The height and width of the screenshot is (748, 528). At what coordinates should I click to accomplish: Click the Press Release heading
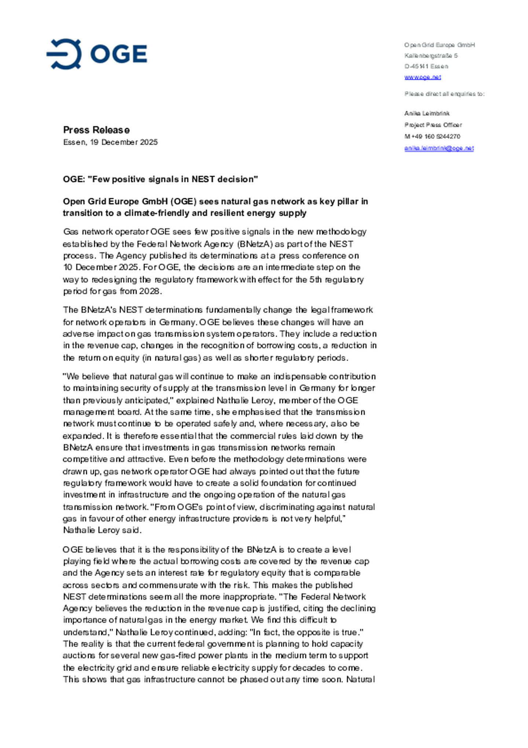coord(96,130)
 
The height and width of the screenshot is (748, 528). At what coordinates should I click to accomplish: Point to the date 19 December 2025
coord(124,142)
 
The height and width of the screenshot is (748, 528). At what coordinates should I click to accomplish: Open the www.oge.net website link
coord(422,77)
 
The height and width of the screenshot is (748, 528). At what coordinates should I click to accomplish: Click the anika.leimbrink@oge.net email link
coord(439,148)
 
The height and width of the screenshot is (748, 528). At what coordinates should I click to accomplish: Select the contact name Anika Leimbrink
coord(427,113)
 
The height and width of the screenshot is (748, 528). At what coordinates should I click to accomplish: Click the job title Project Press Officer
coord(433,125)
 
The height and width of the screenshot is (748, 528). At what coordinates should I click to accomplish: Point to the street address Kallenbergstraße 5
coord(431,56)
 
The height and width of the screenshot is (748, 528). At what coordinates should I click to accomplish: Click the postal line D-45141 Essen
coord(426,66)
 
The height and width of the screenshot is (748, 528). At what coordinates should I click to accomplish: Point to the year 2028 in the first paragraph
coord(149,291)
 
